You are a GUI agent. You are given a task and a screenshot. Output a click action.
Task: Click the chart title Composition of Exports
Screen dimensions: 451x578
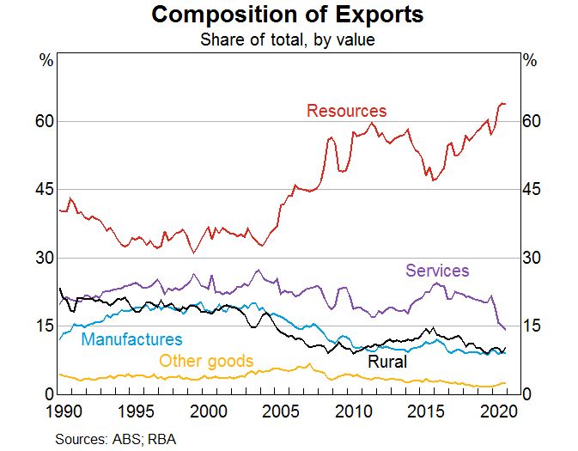pos(287,15)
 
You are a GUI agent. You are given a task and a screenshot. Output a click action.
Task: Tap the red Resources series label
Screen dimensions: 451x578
pos(346,111)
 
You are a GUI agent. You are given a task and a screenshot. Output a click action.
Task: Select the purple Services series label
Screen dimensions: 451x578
pos(437,271)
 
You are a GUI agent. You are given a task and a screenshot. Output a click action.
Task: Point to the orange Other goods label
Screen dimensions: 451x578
pos(206,361)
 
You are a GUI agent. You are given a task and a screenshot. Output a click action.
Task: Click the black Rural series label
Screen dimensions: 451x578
pos(386,362)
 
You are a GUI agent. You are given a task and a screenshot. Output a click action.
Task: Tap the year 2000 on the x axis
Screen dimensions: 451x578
pos(207,411)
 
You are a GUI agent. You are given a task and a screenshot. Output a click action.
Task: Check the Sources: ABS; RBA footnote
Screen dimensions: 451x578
pos(116,439)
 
